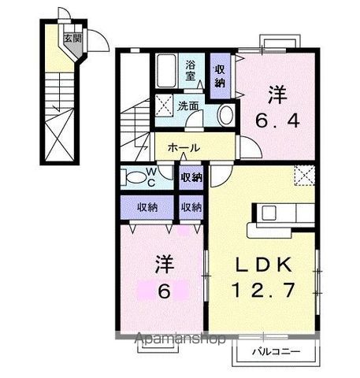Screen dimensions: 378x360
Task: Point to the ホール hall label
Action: point(182,148)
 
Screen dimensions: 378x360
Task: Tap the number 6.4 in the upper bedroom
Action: point(276,123)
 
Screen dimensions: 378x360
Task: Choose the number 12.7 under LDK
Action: point(264,289)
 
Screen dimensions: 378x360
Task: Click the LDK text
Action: point(264,261)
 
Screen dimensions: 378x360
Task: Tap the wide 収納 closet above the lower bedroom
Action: point(147,208)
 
